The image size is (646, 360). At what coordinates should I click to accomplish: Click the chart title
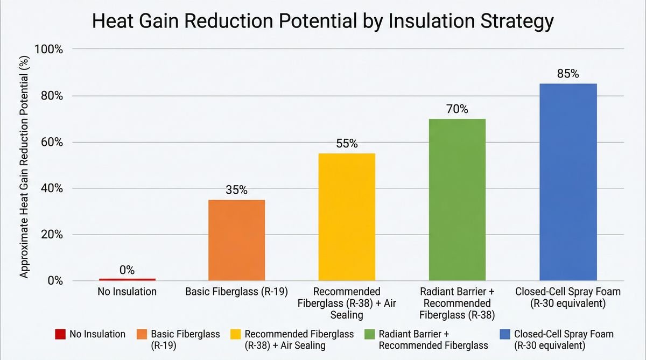(323, 22)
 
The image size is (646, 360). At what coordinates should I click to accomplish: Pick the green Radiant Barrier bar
(457, 200)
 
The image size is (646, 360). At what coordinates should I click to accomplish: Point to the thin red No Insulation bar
(128, 279)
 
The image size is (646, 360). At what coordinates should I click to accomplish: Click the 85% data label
(568, 74)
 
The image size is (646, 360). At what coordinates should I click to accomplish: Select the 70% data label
(457, 109)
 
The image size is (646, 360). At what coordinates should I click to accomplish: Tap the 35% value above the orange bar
(236, 190)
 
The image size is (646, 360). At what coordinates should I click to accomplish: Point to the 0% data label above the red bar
(127, 270)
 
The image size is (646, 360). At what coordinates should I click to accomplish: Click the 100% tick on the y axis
(49, 50)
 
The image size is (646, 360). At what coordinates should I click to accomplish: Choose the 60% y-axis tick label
(52, 143)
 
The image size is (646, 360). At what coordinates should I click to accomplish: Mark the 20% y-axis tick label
(52, 235)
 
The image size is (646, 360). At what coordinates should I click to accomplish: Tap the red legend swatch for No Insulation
(60, 335)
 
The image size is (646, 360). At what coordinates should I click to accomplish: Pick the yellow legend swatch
(235, 335)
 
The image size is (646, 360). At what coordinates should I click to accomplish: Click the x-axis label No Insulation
(127, 292)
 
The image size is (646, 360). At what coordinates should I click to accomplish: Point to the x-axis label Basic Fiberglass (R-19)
(236, 292)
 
